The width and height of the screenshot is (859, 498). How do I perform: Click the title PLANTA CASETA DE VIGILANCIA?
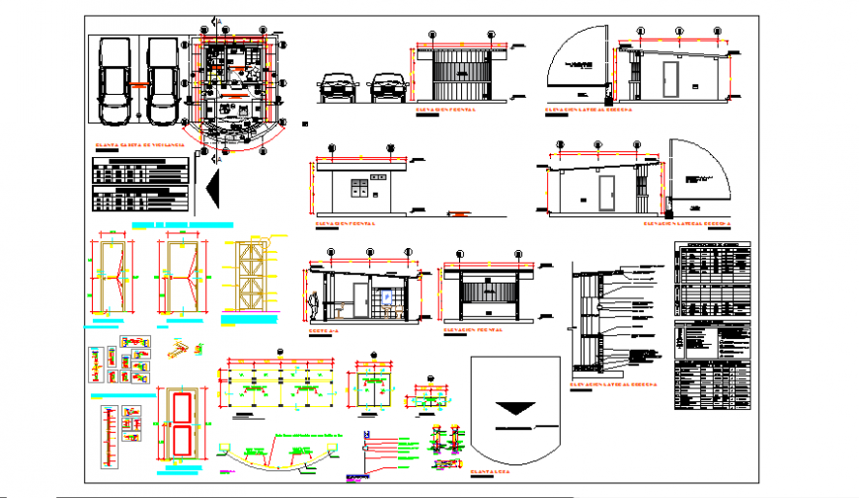138,146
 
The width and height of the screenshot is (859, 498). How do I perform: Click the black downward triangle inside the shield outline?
516,408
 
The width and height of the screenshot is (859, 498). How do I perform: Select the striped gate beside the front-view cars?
456,76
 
